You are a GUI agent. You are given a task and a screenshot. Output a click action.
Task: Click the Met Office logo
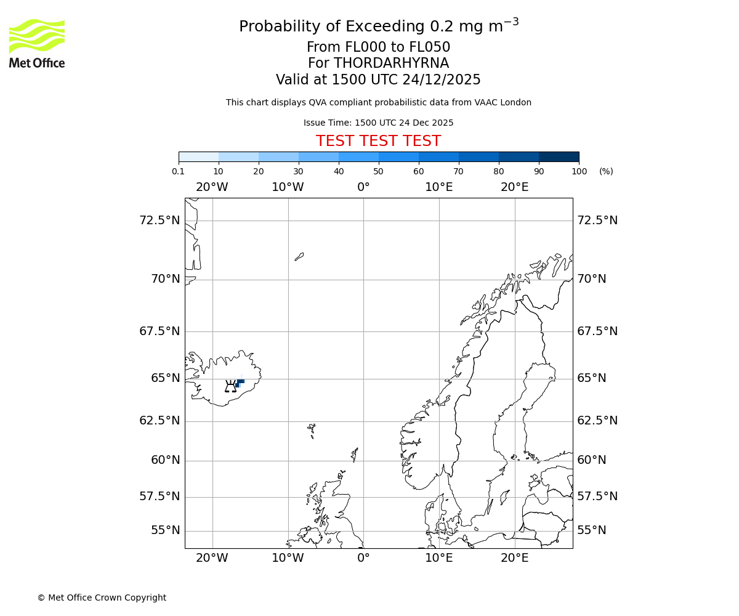37,43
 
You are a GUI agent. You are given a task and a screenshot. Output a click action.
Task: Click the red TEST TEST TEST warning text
378,142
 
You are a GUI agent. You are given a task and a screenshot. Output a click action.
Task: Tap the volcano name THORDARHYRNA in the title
391,63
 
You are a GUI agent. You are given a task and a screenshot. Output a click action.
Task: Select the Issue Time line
378,123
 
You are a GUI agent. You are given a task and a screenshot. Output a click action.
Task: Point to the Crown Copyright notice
102,598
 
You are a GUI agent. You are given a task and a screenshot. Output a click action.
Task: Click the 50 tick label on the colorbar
378,172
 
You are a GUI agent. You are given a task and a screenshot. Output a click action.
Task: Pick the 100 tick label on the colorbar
579,172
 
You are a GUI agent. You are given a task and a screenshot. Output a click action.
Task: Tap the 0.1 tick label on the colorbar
179,172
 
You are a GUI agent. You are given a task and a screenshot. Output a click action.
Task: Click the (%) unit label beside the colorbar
606,172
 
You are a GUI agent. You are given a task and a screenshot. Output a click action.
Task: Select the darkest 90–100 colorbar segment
559,156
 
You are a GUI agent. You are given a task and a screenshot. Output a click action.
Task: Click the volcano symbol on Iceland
230,387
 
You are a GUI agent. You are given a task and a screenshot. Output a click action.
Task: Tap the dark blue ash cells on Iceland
240,382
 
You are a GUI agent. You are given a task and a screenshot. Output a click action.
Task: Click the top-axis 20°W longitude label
212,187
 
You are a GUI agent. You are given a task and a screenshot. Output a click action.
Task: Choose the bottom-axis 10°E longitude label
439,558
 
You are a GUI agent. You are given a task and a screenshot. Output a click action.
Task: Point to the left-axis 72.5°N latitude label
160,221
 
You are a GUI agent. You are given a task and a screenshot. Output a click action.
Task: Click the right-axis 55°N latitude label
592,530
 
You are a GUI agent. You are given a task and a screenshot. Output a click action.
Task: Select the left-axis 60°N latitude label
165,460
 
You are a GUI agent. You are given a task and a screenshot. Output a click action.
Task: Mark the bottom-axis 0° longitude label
363,558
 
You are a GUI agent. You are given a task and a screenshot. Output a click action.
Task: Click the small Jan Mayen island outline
299,256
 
